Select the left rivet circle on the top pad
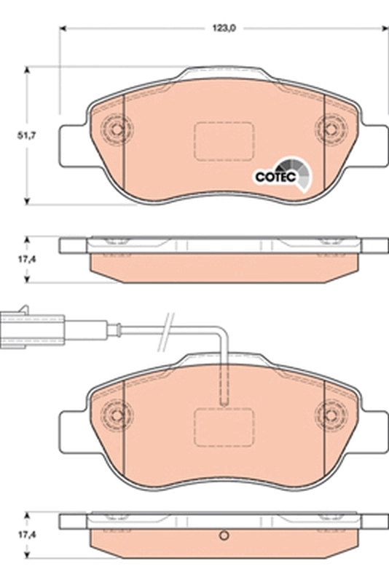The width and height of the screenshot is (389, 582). coord(114,130)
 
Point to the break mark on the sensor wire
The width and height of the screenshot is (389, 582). coord(168,324)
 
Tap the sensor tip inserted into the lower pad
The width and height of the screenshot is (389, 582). coord(224,393)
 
